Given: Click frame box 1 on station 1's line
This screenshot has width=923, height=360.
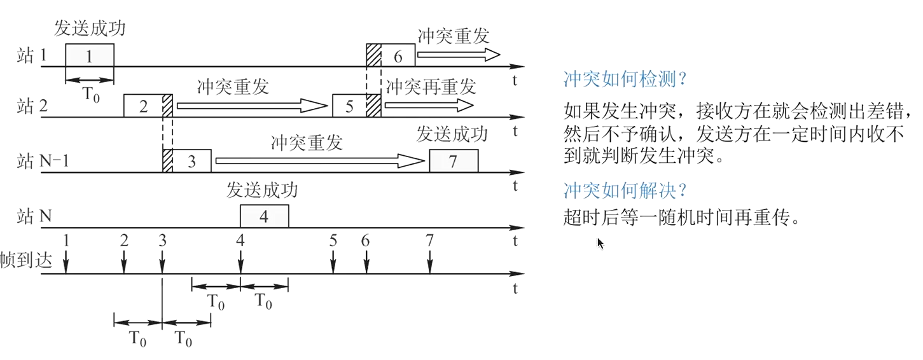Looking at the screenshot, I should [90, 55].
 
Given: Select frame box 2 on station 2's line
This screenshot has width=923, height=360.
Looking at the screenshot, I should [143, 106].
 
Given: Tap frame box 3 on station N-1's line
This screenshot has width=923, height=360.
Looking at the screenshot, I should [192, 161].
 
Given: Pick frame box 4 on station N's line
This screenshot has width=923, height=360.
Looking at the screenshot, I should [264, 216].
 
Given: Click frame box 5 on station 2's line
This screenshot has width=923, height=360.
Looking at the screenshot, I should [349, 106].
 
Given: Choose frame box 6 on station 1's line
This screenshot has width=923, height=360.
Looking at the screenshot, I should [398, 55].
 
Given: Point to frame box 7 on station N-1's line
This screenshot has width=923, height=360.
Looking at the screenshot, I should [453, 161].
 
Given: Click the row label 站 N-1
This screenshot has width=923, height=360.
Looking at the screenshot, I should [43, 162].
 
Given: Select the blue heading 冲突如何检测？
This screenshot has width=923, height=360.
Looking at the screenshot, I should [627, 80].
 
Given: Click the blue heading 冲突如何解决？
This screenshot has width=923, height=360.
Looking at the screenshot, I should [627, 190].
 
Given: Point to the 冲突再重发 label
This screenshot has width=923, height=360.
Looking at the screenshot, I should [431, 85].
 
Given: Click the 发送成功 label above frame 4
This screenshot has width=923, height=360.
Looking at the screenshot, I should [262, 190].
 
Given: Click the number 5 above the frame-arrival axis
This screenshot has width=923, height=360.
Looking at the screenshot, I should [333, 240].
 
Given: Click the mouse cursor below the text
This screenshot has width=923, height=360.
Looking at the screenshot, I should [600, 243].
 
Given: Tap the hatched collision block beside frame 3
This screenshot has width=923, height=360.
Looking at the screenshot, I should [168, 161].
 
